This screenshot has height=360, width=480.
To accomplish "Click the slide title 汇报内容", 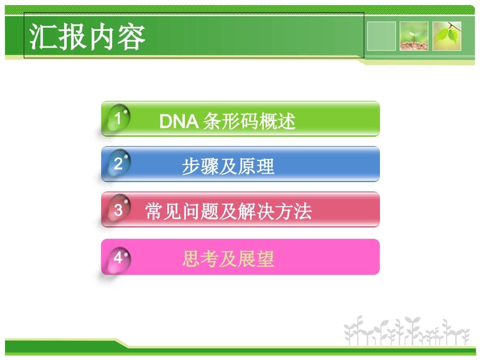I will pos(87,36).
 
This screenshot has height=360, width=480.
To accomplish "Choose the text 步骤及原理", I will pos(228,167).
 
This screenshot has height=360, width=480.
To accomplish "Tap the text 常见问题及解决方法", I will pos(228,211).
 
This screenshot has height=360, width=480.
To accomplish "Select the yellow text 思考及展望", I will pos(228,259).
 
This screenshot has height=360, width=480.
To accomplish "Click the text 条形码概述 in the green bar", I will pos(249,122).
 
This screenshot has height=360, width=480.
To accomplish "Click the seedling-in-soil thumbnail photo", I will pos(414,36).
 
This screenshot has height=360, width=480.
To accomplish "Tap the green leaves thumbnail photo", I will pos(447,36).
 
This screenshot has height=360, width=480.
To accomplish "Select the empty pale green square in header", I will pos(381,36).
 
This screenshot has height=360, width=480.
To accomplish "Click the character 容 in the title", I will pos(131,36).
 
